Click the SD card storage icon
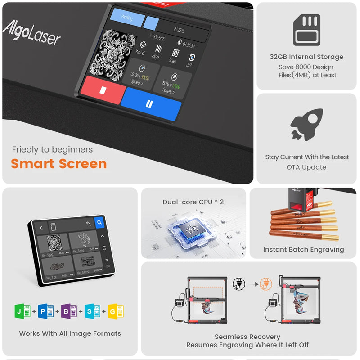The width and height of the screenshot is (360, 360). [307, 30]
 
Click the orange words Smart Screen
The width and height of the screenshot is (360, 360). [59, 164]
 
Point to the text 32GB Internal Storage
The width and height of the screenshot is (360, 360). [306, 57]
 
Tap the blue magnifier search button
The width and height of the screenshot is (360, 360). [99, 222]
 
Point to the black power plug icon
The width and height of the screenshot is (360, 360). [238, 284]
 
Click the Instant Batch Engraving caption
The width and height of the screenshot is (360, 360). [303, 249]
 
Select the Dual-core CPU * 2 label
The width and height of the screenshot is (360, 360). [193, 202]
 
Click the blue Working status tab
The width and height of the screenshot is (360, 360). [127, 20]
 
